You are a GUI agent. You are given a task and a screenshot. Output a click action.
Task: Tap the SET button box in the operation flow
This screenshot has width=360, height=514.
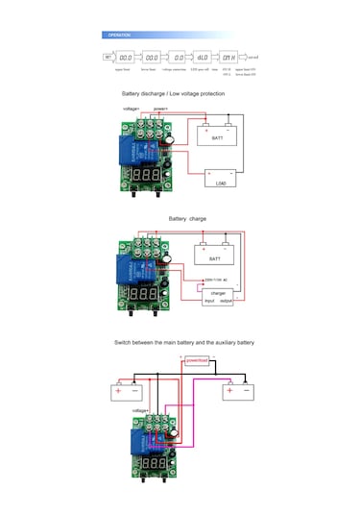coord(108,58)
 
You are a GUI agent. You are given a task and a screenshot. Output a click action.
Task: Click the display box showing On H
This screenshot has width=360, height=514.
coord(228,58)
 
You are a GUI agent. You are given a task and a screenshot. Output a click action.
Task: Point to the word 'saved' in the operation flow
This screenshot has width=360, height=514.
coord(253,58)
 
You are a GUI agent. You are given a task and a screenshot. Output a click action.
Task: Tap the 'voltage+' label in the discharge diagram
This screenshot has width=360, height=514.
coord(132,109)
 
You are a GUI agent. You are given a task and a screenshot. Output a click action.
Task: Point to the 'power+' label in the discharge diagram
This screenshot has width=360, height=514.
coord(160,109)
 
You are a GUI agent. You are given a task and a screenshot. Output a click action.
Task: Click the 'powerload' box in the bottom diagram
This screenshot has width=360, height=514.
coord(196,360)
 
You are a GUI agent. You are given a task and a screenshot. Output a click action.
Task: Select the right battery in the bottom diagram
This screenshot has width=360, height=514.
coord(236,390)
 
